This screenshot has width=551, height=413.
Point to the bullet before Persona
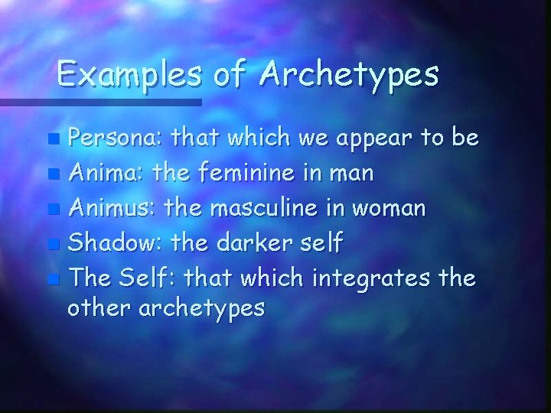pyautogui.click(x=53, y=140)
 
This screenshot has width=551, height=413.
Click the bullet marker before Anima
pyautogui.click(x=53, y=175)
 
